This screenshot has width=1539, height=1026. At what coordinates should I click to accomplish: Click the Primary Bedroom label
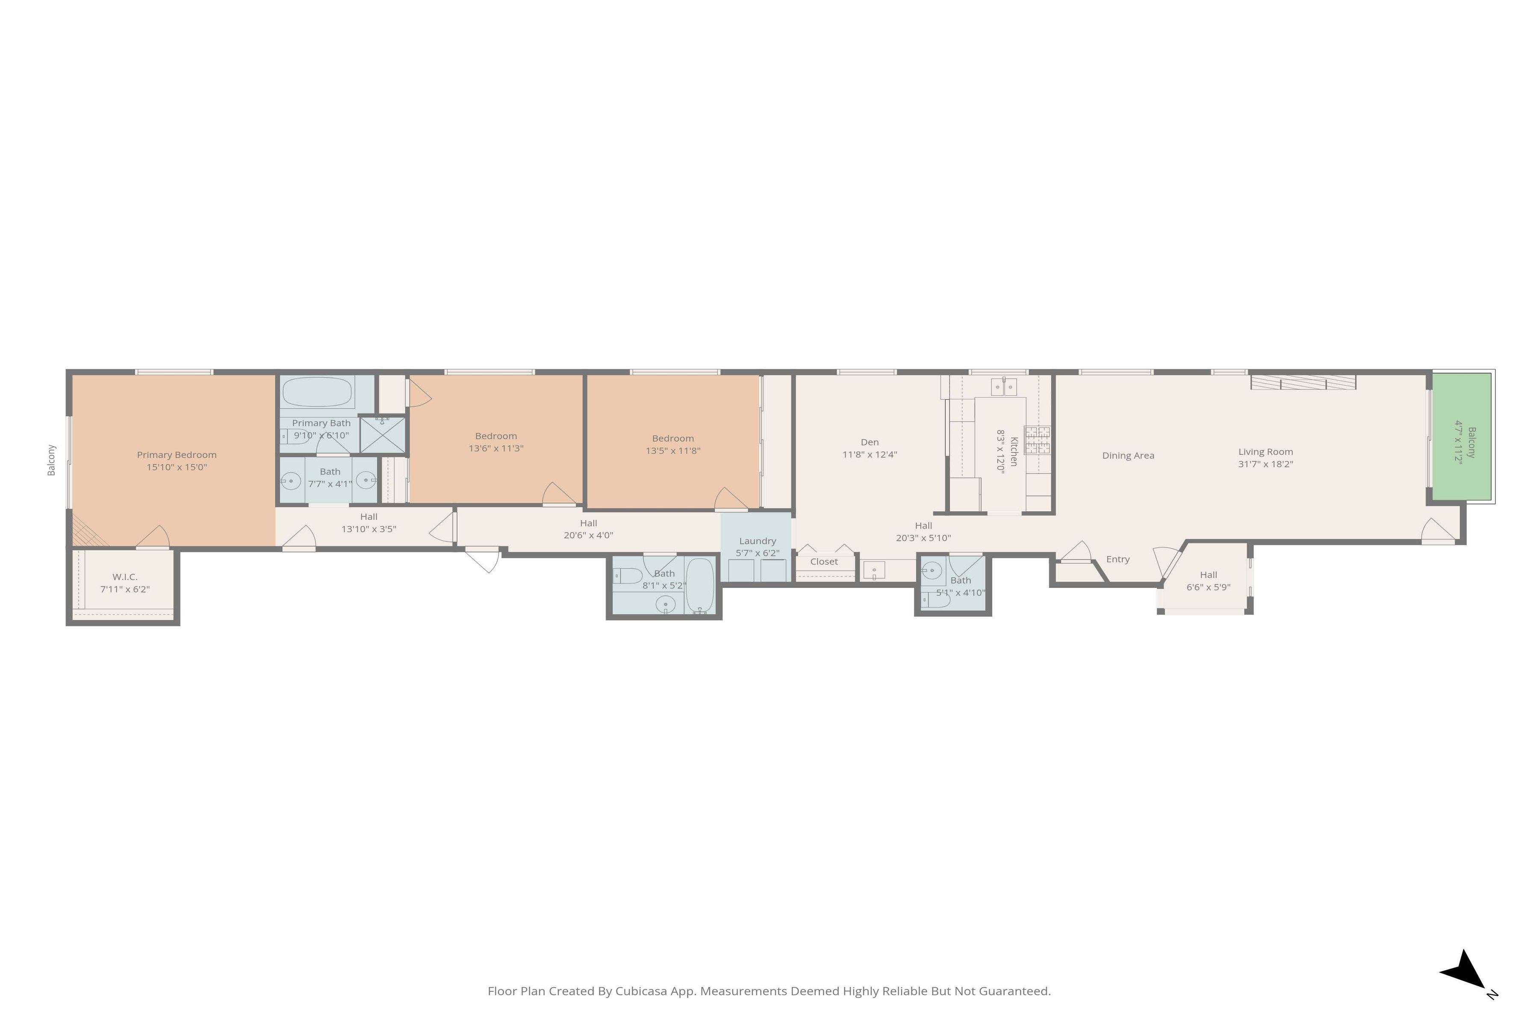pyautogui.click(x=177, y=455)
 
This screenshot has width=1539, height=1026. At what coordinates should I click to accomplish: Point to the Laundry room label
pyautogui.click(x=757, y=541)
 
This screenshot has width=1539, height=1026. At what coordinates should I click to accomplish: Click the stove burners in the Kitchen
pyautogui.click(x=1037, y=440)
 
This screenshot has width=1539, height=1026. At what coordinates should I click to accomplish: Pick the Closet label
pyautogui.click(x=824, y=561)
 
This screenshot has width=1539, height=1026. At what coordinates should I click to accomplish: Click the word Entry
pyautogui.click(x=1117, y=560)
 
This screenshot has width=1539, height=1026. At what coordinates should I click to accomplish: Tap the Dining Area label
pyautogui.click(x=1128, y=455)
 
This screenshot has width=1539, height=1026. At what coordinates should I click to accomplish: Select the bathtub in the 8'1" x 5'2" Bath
pyautogui.click(x=699, y=584)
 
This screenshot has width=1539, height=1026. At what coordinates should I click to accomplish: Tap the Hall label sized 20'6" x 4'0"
pyautogui.click(x=588, y=523)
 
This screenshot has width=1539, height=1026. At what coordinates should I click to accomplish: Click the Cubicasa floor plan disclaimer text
pyautogui.click(x=769, y=991)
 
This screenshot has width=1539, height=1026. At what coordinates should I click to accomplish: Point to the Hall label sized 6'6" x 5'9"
pyautogui.click(x=1208, y=575)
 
